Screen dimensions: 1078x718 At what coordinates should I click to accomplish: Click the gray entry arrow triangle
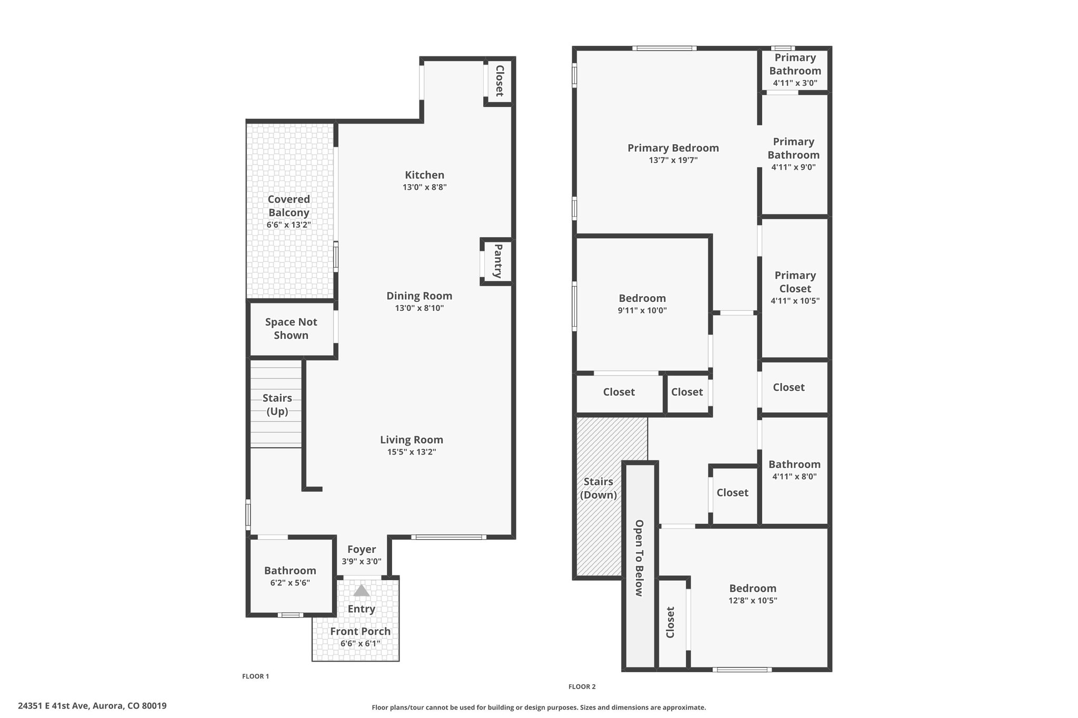(x=361, y=591)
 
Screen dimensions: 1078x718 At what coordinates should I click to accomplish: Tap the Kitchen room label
(x=425, y=175)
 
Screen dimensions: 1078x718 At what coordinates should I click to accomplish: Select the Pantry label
(x=498, y=261)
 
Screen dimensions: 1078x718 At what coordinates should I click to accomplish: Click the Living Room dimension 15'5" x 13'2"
(x=408, y=452)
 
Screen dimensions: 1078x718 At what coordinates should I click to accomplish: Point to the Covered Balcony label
(x=289, y=206)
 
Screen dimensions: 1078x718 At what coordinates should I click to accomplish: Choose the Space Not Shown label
(x=291, y=329)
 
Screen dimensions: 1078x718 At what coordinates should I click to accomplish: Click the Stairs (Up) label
(x=277, y=404)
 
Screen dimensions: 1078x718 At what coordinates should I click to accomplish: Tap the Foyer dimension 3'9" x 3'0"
(x=362, y=561)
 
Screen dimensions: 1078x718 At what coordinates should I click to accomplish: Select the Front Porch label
(x=361, y=631)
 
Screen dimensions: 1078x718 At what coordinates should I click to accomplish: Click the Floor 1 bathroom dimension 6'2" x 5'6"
(x=290, y=583)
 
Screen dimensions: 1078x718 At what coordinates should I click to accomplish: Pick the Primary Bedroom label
(x=673, y=148)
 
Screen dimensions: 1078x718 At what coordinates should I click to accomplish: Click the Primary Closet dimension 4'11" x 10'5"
(x=795, y=301)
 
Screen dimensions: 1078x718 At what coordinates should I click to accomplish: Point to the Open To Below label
(x=640, y=558)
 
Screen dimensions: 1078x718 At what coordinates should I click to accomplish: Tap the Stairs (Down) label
(x=598, y=488)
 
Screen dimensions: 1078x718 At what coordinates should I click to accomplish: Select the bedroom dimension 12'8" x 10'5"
(x=753, y=601)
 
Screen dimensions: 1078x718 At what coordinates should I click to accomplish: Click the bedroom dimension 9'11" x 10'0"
(x=642, y=310)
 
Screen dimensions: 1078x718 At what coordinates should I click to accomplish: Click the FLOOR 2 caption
(x=582, y=686)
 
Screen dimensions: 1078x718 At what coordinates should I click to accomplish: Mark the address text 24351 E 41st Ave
(x=55, y=706)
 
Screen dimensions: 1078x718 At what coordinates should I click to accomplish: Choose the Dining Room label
(x=420, y=296)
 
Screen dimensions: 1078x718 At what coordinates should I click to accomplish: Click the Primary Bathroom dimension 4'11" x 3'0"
(x=795, y=83)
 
